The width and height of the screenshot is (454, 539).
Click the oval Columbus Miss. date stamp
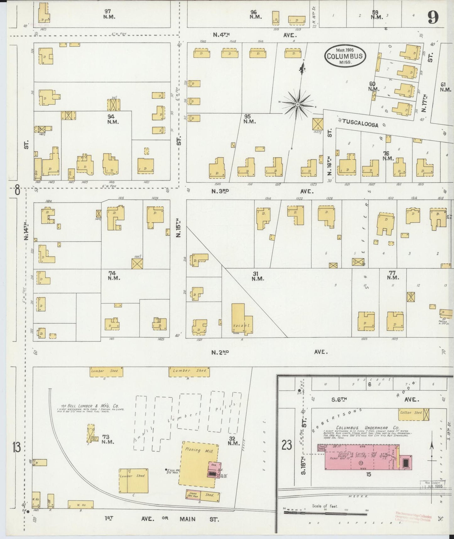(x=345, y=56)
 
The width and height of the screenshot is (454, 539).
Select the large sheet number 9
(x=433, y=17)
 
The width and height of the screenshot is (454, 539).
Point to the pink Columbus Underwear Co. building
(x=361, y=458)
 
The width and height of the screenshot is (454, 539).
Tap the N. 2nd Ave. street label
(x=220, y=353)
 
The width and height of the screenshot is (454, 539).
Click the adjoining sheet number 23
(x=287, y=445)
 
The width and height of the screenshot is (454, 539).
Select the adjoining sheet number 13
(x=17, y=447)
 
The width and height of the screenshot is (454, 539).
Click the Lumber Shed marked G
(x=105, y=371)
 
